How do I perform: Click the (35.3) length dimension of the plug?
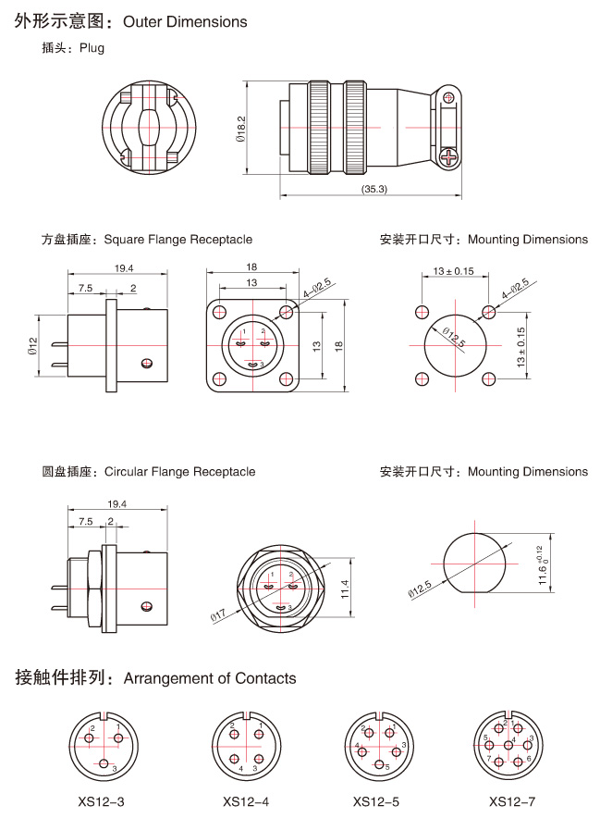(373, 189)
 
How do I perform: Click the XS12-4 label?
(246, 801)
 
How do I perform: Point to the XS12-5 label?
(376, 801)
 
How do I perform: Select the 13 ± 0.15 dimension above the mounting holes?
(453, 271)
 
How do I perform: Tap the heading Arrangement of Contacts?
(210, 678)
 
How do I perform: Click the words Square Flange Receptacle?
(178, 240)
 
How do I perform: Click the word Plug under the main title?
(92, 48)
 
